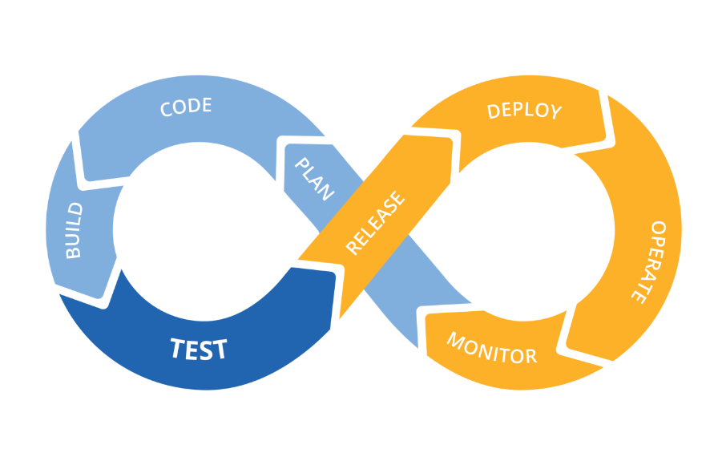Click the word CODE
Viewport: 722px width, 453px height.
point(186,107)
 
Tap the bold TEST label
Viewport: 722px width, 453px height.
point(199,349)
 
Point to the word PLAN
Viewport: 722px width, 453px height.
point(314,179)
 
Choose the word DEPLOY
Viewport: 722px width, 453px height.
point(525,111)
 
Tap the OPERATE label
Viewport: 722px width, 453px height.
point(647,261)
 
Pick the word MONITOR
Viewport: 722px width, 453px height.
point(491,347)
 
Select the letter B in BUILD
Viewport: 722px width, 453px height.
point(74,252)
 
